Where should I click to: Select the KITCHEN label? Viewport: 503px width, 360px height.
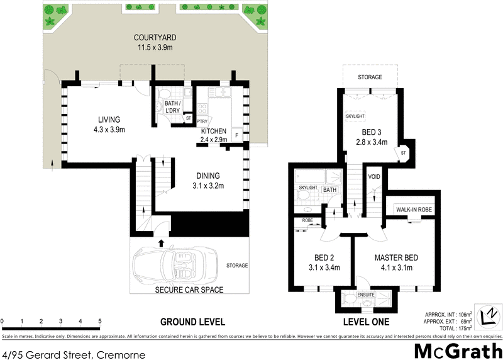214,130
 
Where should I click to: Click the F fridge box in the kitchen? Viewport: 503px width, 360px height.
236,134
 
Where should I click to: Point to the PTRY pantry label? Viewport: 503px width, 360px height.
202,121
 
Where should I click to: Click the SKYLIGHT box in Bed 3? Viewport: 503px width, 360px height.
355,117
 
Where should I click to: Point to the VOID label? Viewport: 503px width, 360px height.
374,176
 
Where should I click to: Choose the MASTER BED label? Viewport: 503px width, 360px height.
396,257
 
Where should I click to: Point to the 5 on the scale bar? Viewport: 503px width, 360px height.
99,322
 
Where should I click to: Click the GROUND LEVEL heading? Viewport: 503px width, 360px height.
192,322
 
